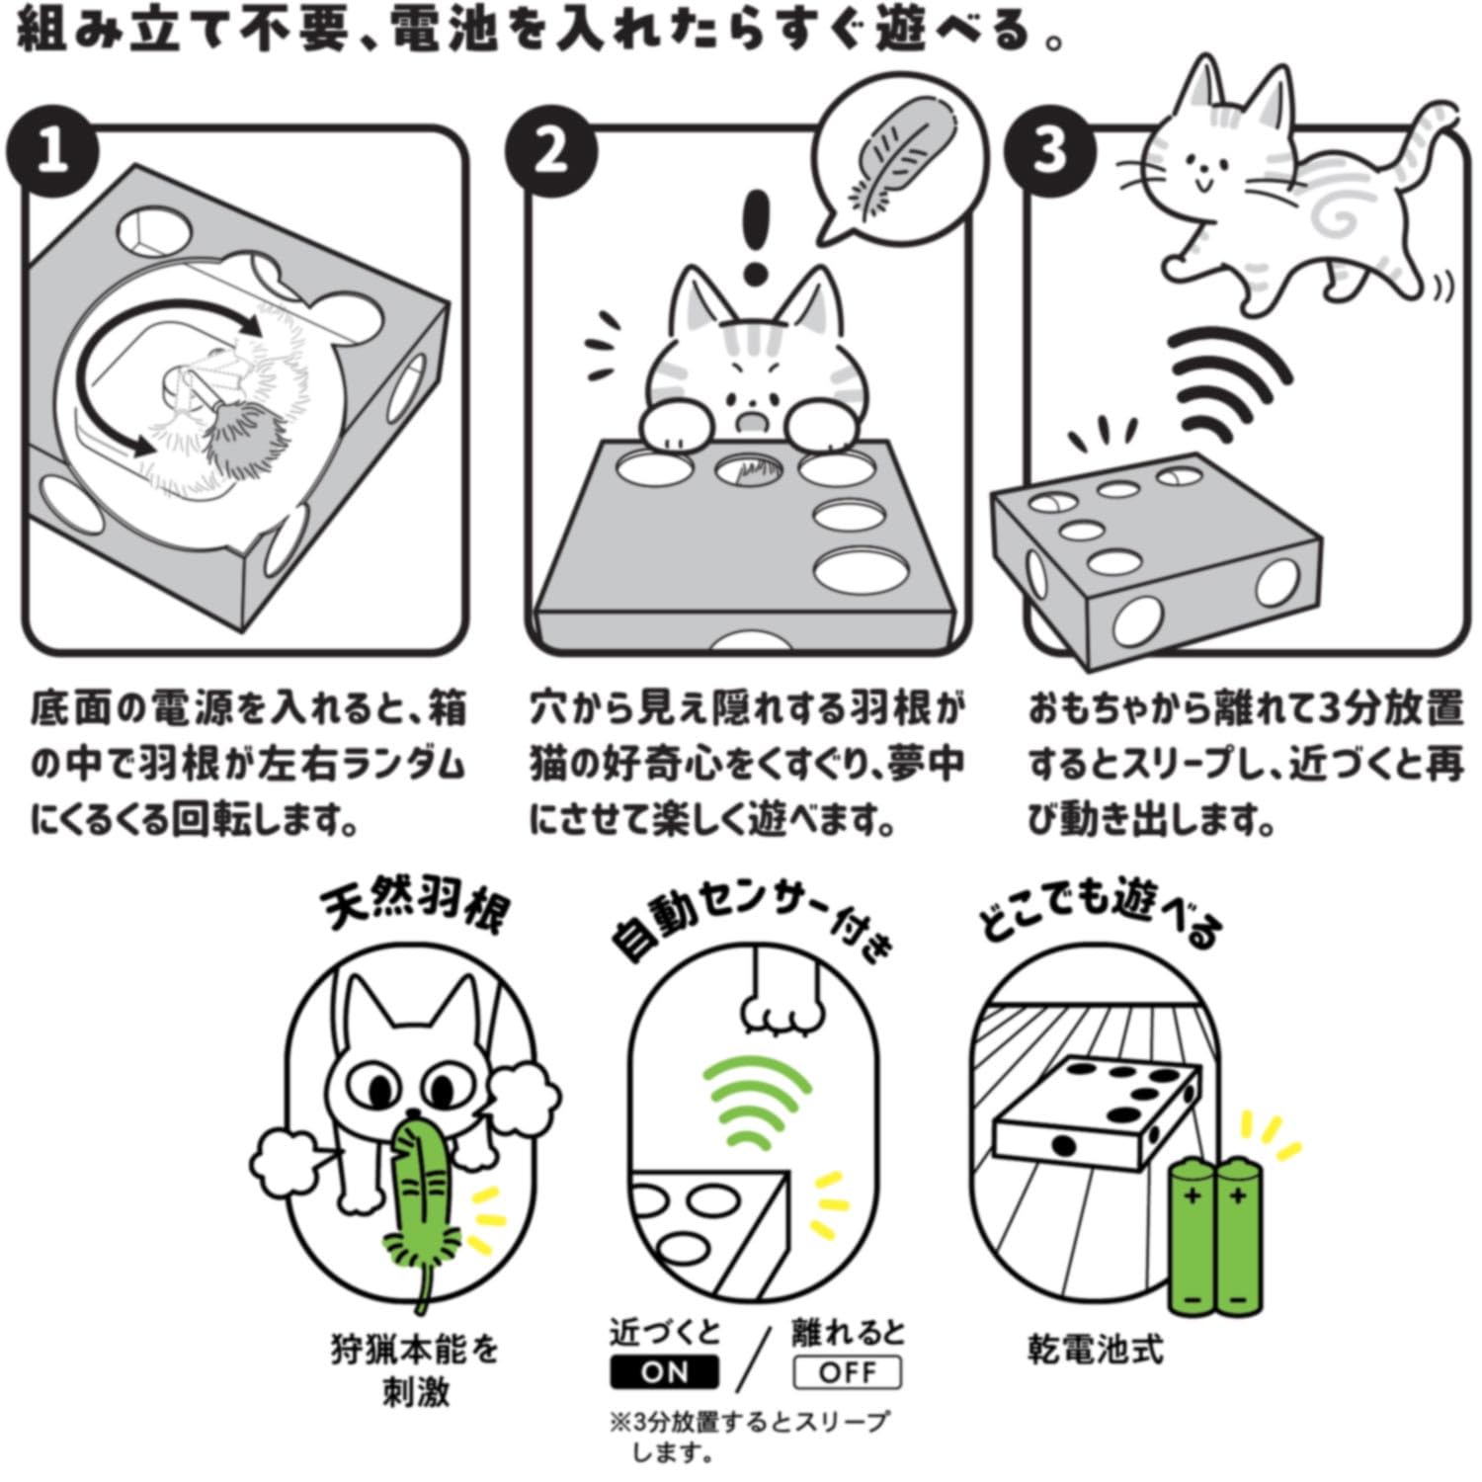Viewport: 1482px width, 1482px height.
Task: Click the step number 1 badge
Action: pos(52,151)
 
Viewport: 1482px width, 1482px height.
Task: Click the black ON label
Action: pos(664,1372)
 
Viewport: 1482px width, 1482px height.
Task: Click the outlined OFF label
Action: pos(848,1372)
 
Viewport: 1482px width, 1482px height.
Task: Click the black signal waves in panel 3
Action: pos(1230,380)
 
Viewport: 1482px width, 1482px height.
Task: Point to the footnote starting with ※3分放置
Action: pos(749,1436)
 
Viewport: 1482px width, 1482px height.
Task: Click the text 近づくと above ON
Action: pos(665,1332)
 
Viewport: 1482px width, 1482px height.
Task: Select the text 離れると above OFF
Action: pos(848,1332)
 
